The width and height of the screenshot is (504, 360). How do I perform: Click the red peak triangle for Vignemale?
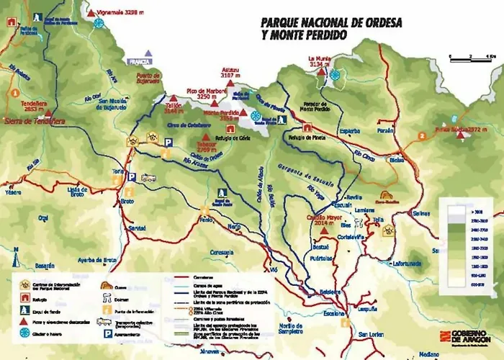pos(91,13)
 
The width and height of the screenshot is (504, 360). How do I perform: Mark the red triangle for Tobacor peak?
pos(206,137)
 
